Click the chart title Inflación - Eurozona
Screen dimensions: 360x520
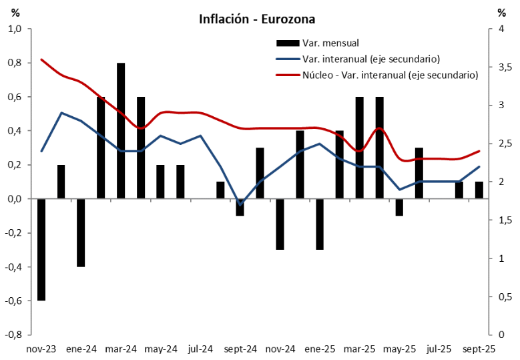[x=257, y=19]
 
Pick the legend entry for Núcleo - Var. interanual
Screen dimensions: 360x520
[x=390, y=75]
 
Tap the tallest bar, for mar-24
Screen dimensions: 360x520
[x=121, y=131]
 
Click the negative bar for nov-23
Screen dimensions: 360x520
[x=41, y=250]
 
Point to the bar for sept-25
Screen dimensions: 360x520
[x=479, y=190]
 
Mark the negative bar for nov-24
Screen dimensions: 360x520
[x=280, y=224]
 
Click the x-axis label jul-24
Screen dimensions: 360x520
[x=200, y=349]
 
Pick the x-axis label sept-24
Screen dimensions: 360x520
[x=240, y=349]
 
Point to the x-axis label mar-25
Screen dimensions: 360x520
[x=359, y=349]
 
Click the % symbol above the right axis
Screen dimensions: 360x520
[x=501, y=13]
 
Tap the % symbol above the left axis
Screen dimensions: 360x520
[x=16, y=13]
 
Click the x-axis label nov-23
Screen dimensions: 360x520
[x=41, y=349]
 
